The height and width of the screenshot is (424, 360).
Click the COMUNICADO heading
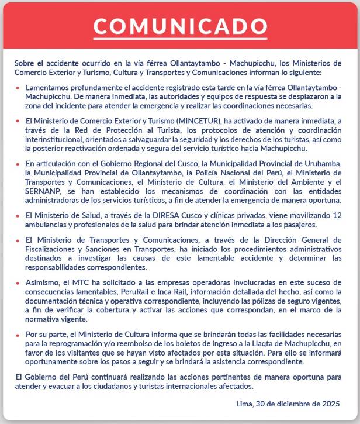click(180, 26)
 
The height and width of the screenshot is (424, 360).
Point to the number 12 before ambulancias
click(337, 216)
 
